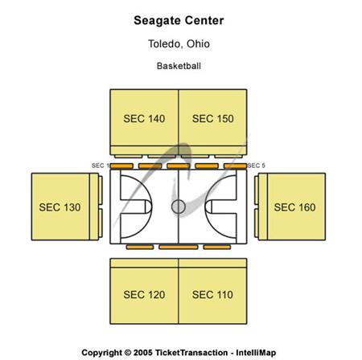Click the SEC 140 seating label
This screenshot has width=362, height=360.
(144, 119)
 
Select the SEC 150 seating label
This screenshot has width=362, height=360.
(213, 119)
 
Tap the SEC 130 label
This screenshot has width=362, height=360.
(60, 207)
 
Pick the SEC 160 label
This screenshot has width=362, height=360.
(294, 207)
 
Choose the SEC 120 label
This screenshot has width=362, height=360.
(144, 295)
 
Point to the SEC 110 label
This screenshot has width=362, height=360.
(212, 295)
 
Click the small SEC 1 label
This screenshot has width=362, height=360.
(100, 166)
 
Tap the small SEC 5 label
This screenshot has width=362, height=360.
(257, 166)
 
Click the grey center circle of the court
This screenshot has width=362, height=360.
(179, 207)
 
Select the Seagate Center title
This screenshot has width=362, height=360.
(179, 21)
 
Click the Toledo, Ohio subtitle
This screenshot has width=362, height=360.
(179, 43)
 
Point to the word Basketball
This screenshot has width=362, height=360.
(179, 66)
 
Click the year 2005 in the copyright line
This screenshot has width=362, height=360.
(143, 353)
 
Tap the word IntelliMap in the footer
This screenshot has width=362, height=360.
(256, 353)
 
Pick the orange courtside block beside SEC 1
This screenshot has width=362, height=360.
(121, 166)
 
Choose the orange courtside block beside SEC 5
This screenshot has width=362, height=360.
(235, 166)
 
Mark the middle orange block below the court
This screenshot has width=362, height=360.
(179, 247)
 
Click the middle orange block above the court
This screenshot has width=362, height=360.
(179, 166)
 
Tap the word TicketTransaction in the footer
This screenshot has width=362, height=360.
(191, 353)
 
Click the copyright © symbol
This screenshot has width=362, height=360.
(128, 353)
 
